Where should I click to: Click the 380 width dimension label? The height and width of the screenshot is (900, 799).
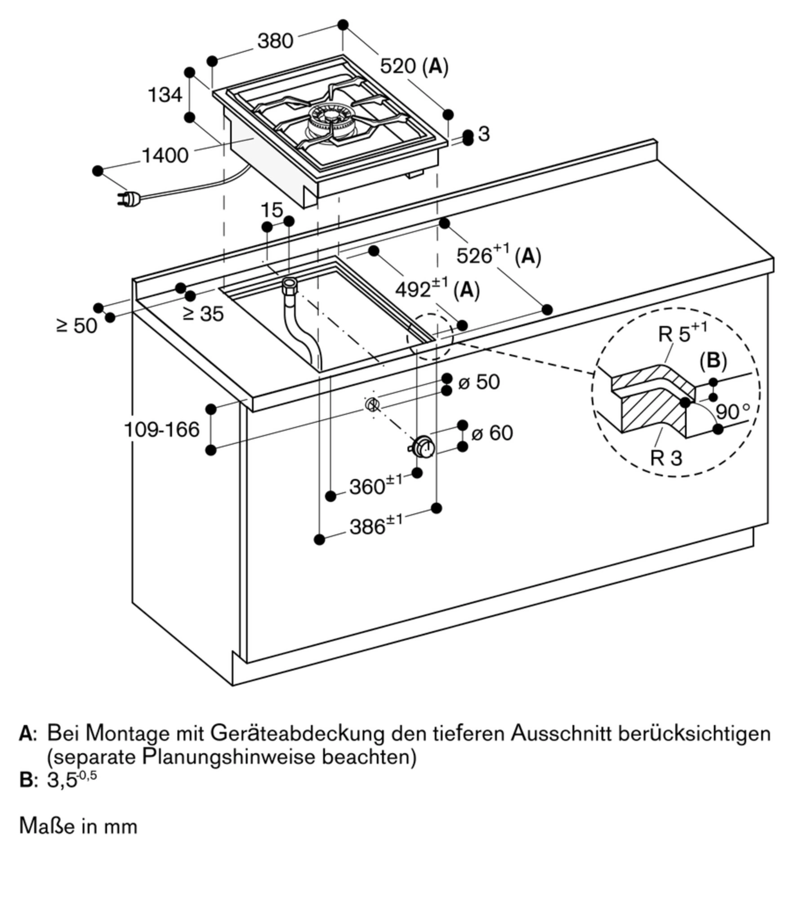click(275, 41)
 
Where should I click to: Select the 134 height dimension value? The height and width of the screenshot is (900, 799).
click(165, 95)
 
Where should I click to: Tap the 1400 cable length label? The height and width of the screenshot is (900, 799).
click(165, 156)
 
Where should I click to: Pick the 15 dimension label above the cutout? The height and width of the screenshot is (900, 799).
click(272, 210)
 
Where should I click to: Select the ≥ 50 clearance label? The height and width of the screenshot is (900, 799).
click(77, 325)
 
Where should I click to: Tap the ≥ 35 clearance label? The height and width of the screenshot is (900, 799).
click(203, 314)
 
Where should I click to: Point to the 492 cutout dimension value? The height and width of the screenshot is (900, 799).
click(413, 290)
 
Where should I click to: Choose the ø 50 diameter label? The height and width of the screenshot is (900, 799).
click(479, 382)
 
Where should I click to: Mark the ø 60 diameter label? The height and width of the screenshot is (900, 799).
click(492, 433)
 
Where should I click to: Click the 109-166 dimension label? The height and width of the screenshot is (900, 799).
click(161, 430)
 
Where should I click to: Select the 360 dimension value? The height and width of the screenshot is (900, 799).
click(367, 486)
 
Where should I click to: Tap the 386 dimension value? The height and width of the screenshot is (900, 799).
click(367, 526)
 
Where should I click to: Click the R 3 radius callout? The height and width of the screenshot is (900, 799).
click(666, 458)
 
